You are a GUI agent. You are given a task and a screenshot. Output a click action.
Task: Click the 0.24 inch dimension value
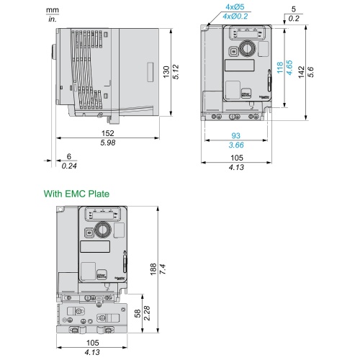click(69, 166)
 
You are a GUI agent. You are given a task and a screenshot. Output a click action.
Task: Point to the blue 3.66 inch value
click(236, 145)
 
